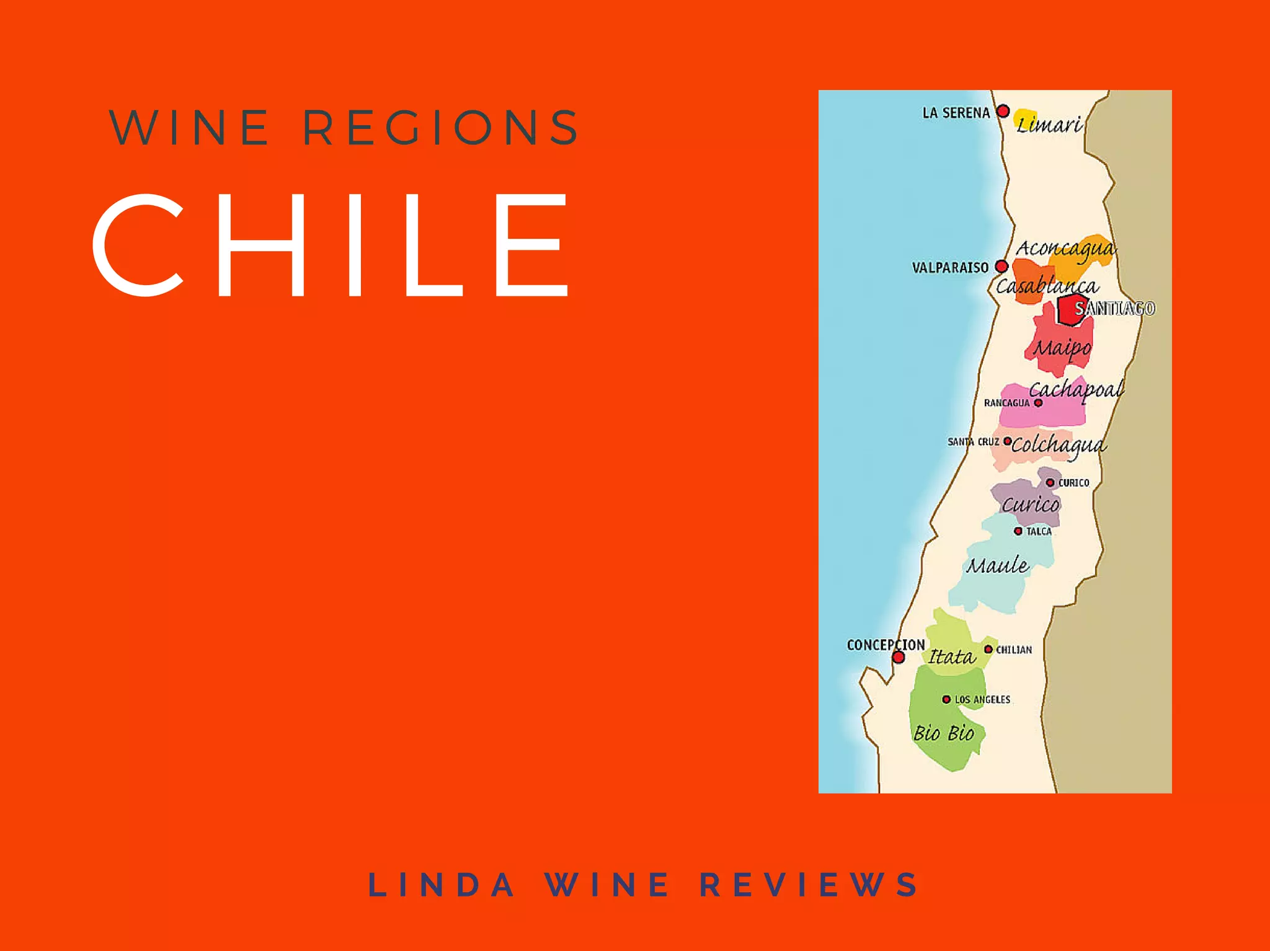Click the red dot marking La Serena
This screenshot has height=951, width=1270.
[1003, 112]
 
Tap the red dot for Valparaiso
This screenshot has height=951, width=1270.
[1001, 267]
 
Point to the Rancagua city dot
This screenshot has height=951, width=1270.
[1038, 403]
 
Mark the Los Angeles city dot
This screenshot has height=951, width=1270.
[946, 699]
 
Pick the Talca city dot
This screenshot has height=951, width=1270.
[1018, 531]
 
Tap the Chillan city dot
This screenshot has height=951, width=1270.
[988, 649]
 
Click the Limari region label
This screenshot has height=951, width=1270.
[1049, 125]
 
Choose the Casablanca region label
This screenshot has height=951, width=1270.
[1047, 286]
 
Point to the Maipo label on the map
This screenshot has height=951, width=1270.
[1062, 348]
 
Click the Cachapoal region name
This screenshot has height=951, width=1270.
[1076, 390]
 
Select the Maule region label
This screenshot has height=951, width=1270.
[997, 565]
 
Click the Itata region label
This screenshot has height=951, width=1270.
[952, 657]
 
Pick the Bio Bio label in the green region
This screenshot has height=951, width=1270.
[944, 733]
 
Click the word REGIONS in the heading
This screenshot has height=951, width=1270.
[441, 128]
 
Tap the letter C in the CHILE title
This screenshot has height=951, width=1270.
[138, 244]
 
